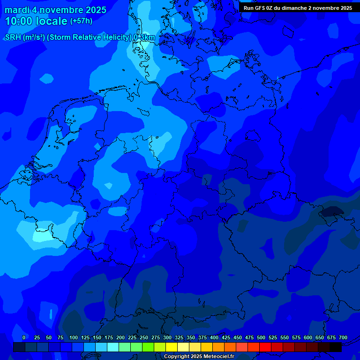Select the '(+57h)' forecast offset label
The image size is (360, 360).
[x=81, y=21]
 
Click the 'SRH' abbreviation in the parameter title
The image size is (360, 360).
[x=13, y=37]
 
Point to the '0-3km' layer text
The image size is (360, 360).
[x=144, y=37]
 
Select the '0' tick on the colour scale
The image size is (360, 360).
[x=24, y=337]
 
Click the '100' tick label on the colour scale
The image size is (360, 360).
[x=74, y=337]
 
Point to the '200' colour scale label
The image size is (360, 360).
[x=120, y=337]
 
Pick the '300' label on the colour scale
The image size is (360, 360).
[x=167, y=337]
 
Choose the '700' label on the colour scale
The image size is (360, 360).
[x=343, y=337]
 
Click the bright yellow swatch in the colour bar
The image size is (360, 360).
[x=172, y=347]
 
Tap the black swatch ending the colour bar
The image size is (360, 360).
[x=336, y=347]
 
